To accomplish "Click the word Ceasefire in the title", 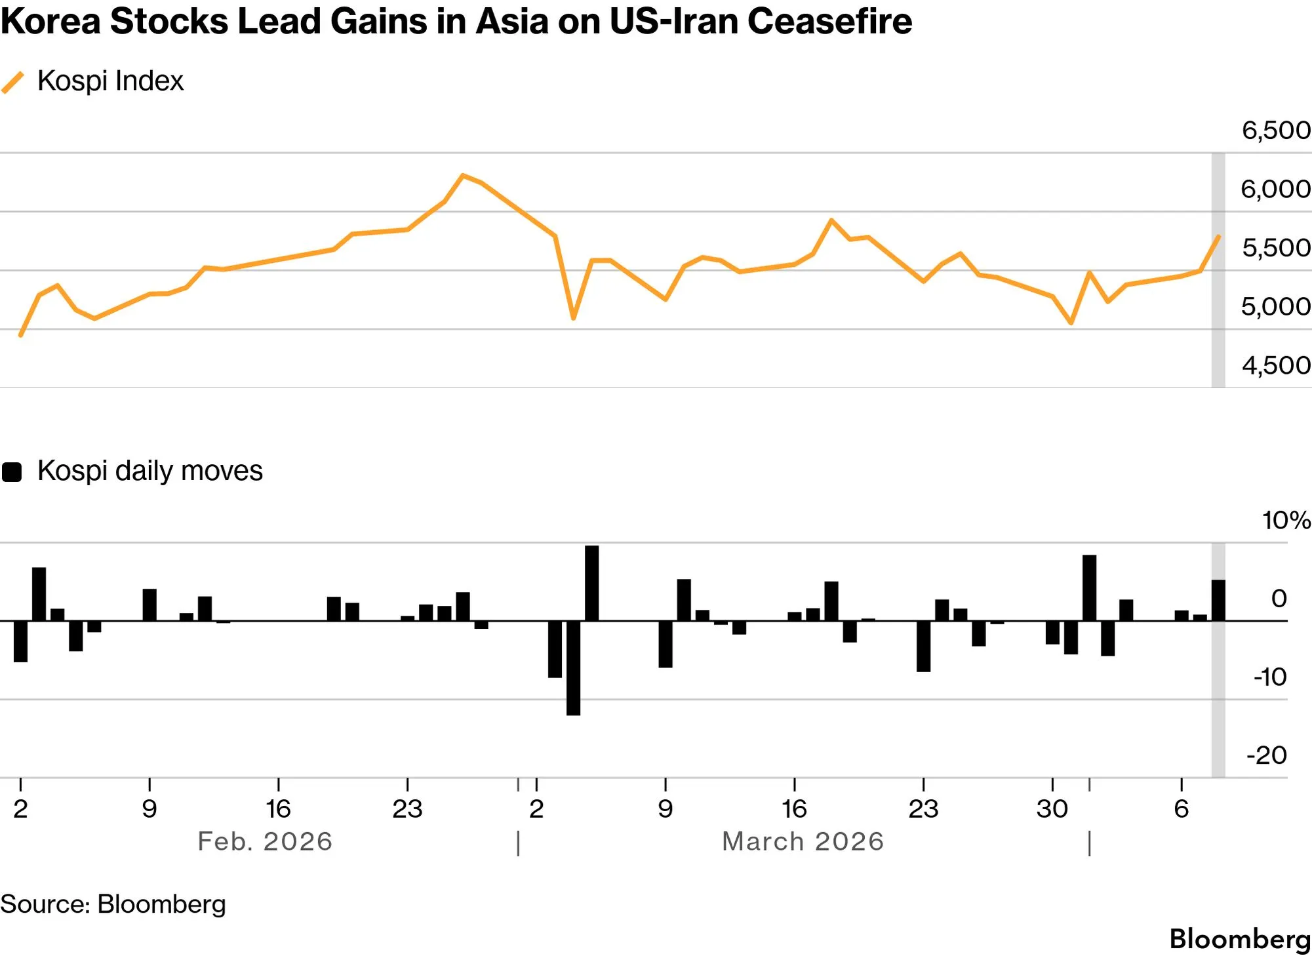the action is (x=829, y=21).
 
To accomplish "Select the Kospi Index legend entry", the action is (x=92, y=81).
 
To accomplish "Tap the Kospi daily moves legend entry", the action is (x=132, y=471).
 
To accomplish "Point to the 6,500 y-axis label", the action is (x=1276, y=130).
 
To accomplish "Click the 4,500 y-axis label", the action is (x=1276, y=365).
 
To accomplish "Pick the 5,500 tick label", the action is (x=1276, y=248).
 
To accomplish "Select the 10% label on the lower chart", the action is (x=1286, y=520).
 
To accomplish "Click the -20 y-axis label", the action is (x=1267, y=755).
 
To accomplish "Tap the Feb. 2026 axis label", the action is (x=265, y=841).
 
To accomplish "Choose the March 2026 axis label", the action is (x=803, y=841).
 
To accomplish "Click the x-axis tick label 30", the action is (x=1052, y=809).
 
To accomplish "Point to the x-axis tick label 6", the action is (x=1182, y=809).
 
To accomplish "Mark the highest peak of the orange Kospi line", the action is (x=463, y=175).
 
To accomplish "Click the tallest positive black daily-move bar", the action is (x=591, y=583).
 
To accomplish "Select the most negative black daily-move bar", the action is (x=573, y=668).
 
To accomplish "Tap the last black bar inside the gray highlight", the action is (x=1218, y=600).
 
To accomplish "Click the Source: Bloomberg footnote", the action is (x=113, y=904).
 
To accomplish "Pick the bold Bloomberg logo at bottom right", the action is (x=1240, y=939).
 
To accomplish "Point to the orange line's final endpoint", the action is (x=1218, y=236).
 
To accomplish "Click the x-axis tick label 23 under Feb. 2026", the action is (x=407, y=809).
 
